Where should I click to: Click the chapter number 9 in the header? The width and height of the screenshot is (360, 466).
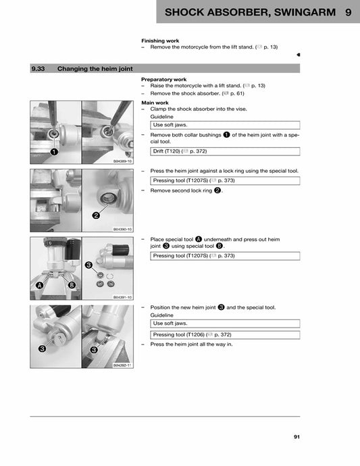click(347, 12)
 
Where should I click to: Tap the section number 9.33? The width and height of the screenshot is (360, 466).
click(39, 68)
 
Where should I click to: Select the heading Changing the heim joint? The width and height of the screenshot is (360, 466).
click(95, 68)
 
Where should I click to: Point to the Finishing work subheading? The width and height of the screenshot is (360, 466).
click(159, 41)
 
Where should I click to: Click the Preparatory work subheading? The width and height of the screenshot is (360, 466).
click(163, 79)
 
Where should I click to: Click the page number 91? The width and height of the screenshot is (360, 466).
click(297, 437)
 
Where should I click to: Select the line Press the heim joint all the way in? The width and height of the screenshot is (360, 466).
click(191, 344)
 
